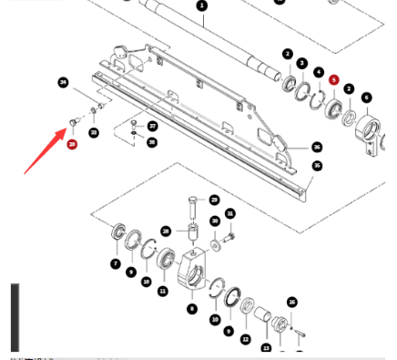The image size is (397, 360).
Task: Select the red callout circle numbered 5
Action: (x=334, y=81)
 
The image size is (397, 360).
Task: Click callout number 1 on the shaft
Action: (x=202, y=5)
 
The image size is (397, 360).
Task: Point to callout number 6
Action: (x=366, y=98)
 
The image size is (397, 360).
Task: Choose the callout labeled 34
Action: (x=63, y=83)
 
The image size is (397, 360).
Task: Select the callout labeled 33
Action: (x=94, y=133)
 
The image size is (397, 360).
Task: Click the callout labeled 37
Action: (x=153, y=126)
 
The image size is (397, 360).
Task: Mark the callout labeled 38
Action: (x=151, y=142)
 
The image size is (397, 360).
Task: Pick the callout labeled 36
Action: (x=316, y=147)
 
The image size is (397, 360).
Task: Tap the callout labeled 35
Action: (x=317, y=166)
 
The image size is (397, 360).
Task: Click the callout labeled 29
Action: (x=214, y=200)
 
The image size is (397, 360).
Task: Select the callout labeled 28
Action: (x=167, y=231)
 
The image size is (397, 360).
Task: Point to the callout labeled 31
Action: (x=230, y=214)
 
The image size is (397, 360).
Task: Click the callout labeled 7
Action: (x=116, y=263)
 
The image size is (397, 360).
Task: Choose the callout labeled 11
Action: (x=163, y=291)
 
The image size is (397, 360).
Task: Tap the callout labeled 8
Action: (x=192, y=309)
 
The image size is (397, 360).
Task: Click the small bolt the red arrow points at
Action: (x=73, y=120)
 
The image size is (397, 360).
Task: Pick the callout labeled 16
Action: (x=292, y=302)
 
